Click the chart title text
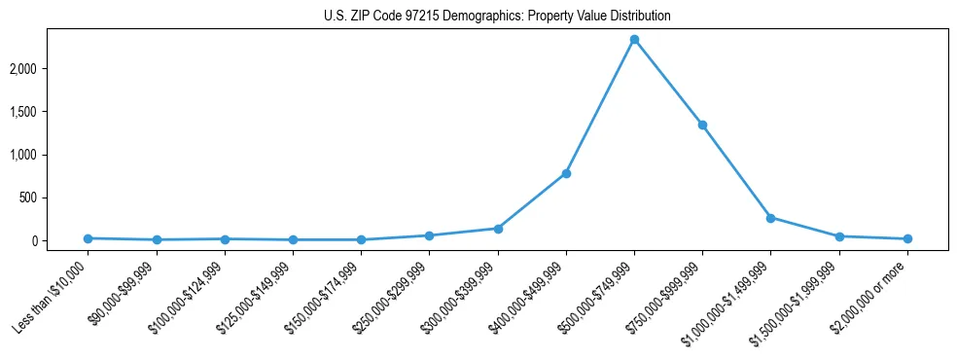pos(497,17)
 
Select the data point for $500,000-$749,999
pos(634,40)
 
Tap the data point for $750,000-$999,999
pos(702,125)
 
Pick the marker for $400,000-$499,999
pos(566,173)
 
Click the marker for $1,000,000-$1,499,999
pos(770,218)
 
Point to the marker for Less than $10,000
pos(89,238)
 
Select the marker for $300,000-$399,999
pos(498,229)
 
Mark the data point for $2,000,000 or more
pos(907,238)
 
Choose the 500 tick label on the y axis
pos(56,198)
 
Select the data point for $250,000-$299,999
pos(429,235)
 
